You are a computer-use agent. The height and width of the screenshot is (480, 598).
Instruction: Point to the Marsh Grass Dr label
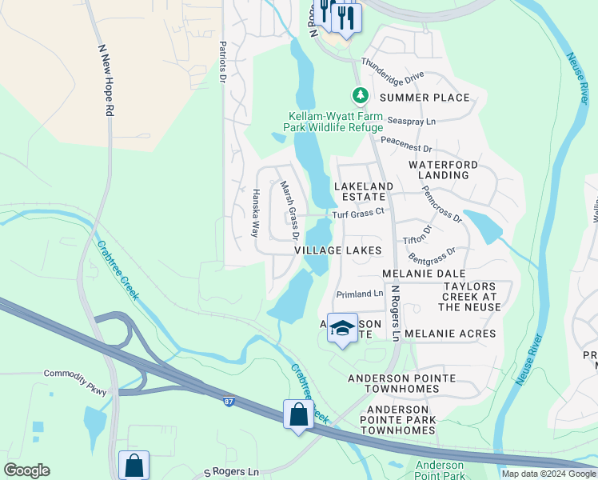(x=289, y=210)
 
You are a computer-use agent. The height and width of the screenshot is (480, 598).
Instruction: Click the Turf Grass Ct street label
(x=359, y=214)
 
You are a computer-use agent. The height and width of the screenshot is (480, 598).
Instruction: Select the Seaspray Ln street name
(x=412, y=121)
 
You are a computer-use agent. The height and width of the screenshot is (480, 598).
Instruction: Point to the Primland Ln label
(x=359, y=294)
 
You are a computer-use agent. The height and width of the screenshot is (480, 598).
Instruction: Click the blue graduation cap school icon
(x=342, y=329)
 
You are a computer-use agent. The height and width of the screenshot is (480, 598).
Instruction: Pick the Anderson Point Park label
(x=440, y=471)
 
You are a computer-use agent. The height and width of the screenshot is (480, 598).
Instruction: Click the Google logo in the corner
(x=26, y=470)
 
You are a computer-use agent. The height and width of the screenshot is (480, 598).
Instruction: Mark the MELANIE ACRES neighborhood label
(x=450, y=334)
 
